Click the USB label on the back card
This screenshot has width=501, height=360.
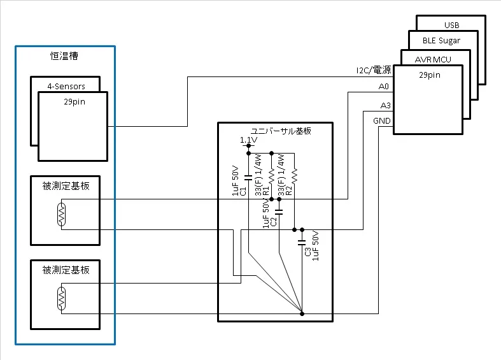point(451,25)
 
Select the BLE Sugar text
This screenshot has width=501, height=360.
point(441,41)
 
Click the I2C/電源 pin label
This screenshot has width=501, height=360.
point(373,70)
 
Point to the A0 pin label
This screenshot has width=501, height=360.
point(383,86)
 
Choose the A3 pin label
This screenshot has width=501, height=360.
point(385,105)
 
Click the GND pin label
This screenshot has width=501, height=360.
point(382,121)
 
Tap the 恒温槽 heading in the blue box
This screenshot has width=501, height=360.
point(64,57)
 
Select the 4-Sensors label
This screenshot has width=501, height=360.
point(66,86)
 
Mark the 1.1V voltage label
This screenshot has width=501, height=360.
point(248,140)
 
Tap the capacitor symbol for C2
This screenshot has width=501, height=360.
point(279,208)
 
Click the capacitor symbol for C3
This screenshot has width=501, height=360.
point(302,241)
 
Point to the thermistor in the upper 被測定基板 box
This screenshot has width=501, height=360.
point(61,214)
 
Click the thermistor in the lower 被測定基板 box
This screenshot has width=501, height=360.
point(61,298)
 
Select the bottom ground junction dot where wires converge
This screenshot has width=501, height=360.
point(302,313)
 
